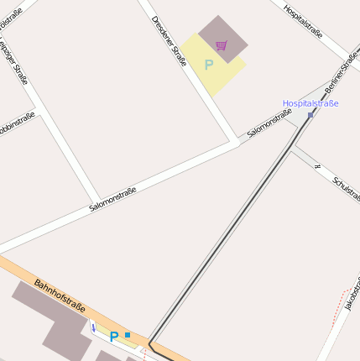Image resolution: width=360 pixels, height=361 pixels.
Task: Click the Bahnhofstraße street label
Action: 60,296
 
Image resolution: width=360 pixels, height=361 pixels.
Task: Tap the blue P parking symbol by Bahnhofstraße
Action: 114,337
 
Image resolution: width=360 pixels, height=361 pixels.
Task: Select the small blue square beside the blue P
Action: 128,335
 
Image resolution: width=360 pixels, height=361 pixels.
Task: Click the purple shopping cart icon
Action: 222,45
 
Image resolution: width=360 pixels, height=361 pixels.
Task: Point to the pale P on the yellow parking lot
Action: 209,64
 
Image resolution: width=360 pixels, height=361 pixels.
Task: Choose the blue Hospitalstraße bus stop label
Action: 310,103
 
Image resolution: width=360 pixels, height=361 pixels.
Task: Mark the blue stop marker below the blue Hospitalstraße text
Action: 310,115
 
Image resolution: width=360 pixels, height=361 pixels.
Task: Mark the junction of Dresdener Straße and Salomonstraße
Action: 236,143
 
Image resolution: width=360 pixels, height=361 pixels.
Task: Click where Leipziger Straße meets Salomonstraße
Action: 95,206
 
